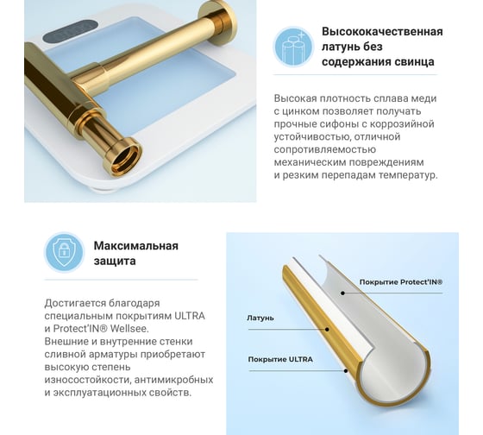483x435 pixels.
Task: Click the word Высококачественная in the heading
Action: pos(382,31)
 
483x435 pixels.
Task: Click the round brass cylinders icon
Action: pos(293,47)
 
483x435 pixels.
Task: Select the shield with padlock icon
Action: pos(64,252)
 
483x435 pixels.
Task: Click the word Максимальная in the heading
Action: pos(136,246)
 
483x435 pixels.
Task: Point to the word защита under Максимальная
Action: pos(115,262)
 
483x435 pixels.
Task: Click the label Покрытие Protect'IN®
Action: pos(401,282)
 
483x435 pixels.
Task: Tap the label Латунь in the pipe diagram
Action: pos(260,318)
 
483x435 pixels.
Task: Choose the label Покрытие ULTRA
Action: pos(280,359)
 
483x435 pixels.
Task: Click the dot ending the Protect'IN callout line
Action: pos(342,293)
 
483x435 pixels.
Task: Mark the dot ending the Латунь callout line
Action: pos(327,329)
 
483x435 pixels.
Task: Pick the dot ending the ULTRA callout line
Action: pos(346,370)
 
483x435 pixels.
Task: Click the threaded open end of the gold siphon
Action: pos(125,159)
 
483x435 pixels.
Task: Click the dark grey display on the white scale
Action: pos(71,32)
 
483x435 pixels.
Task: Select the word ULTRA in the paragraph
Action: pos(190,316)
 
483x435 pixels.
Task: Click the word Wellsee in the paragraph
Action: pos(129,329)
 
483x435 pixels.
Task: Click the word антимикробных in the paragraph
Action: pos(173,380)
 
